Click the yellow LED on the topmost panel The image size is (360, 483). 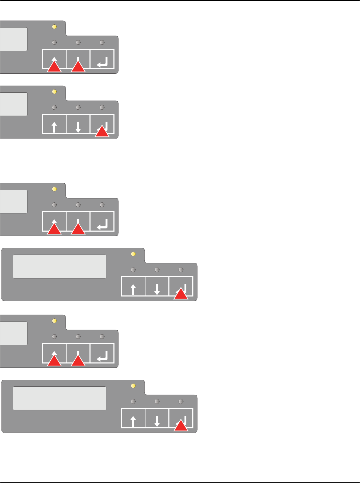(54, 27)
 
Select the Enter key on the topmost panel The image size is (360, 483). (102, 59)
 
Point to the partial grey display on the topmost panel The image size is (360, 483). (13, 39)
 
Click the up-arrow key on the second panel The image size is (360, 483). (54, 124)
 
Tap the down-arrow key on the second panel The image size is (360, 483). (78, 124)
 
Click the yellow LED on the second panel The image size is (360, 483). (54, 92)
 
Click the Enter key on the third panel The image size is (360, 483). (102, 221)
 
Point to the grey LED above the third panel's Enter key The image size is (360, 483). (102, 205)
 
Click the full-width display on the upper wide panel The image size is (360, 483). (60, 267)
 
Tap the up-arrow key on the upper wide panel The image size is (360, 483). (133, 286)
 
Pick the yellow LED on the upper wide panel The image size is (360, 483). (133, 254)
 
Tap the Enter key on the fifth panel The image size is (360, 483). (102, 353)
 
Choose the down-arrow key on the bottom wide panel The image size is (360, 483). (157, 418)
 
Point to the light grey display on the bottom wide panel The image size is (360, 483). (60, 398)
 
